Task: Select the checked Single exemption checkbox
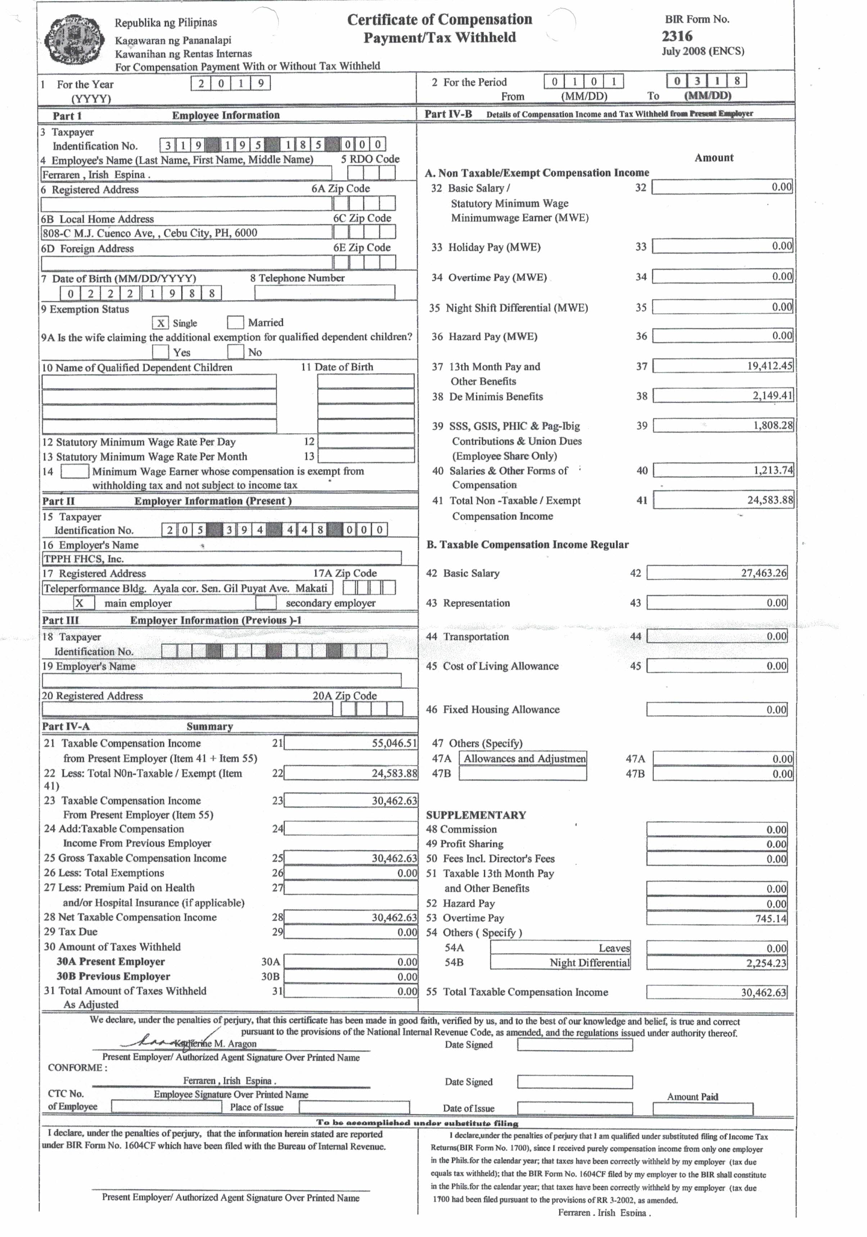[x=161, y=323]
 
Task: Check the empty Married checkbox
[x=235, y=322]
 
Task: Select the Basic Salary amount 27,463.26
[x=717, y=573]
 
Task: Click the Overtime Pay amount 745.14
[x=717, y=918]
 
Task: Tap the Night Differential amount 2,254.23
[x=717, y=963]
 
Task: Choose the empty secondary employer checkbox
[x=266, y=603]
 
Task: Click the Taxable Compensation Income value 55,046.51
[x=351, y=743]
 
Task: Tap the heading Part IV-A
[x=66, y=726]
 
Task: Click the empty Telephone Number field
[x=324, y=293]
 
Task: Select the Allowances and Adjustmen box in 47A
[x=522, y=759]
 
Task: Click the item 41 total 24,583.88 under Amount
[x=723, y=500]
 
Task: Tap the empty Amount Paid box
[x=703, y=1109]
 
